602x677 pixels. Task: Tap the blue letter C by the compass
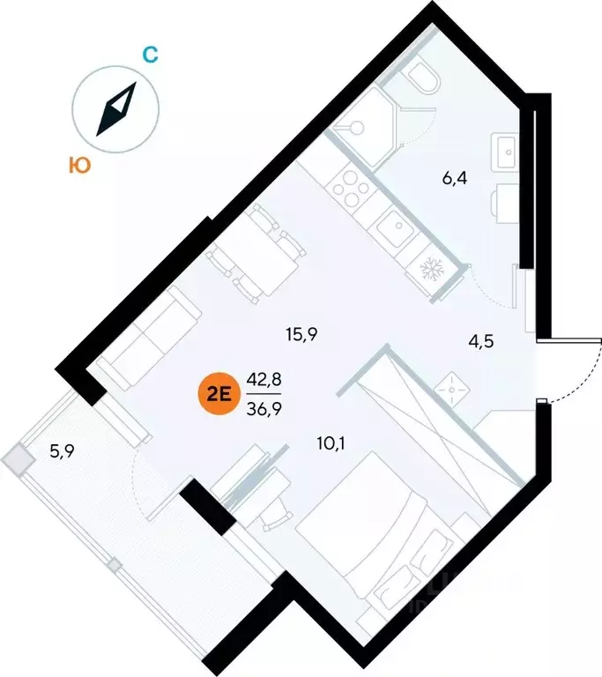pos(150,55)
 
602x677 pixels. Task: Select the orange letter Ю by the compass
pos(78,165)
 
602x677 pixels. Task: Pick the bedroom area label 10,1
pos(331,443)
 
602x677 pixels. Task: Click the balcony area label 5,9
pos(62,453)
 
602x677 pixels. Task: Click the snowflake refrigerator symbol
pos(434,267)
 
